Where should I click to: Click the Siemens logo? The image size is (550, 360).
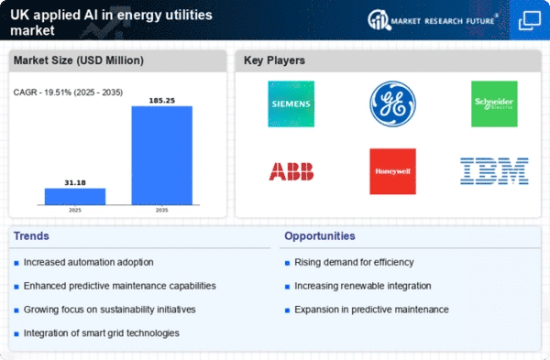coord(291,104)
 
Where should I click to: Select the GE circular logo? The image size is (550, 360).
coord(392,104)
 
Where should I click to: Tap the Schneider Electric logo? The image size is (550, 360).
coord(493,104)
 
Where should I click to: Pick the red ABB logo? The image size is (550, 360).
coord(291,171)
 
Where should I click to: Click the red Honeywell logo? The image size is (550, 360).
coord(392,171)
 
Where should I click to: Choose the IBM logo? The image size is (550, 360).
coord(493,171)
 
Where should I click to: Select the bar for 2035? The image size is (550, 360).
coord(161,156)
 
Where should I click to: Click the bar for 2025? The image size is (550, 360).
coord(75,197)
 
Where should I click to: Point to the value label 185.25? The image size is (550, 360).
coord(161,98)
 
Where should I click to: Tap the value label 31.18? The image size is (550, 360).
coord(75,181)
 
